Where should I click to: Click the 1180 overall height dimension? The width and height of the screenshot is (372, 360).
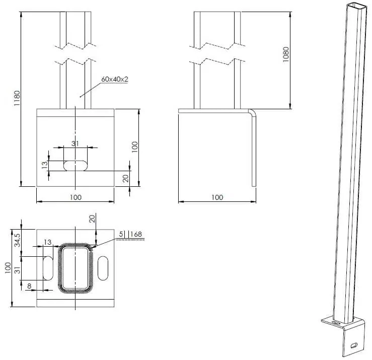[x=17, y=98]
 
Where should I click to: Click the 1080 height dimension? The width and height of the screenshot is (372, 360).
[x=286, y=54]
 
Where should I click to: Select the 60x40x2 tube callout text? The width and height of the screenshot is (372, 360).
[x=115, y=79]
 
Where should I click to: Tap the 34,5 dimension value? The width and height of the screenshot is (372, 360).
[x=17, y=240]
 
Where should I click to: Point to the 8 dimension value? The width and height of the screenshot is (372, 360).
[x=29, y=286]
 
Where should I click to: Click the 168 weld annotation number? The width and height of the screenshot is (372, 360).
[x=136, y=234]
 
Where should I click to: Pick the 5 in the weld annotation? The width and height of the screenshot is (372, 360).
[x=121, y=234]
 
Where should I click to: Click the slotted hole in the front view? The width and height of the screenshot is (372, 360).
[x=76, y=166]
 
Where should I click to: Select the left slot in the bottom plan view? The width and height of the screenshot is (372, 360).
[x=48, y=268]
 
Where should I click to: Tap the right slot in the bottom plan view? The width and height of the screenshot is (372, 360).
[x=103, y=268]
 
